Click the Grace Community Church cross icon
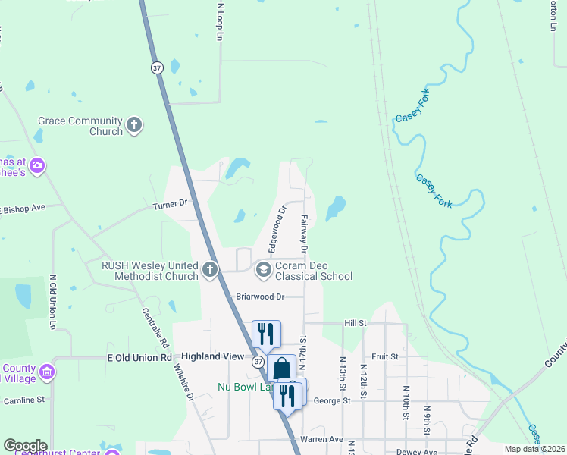134,125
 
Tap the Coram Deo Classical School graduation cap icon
263,270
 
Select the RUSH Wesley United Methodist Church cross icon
209,270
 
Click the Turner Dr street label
170,204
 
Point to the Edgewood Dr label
276,229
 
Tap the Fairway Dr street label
303,233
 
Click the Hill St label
355,322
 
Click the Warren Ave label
322,439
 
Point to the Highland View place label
211,356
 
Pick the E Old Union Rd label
139,357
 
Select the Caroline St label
25,399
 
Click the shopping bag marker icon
281,369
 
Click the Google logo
25,446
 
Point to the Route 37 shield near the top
157,67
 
